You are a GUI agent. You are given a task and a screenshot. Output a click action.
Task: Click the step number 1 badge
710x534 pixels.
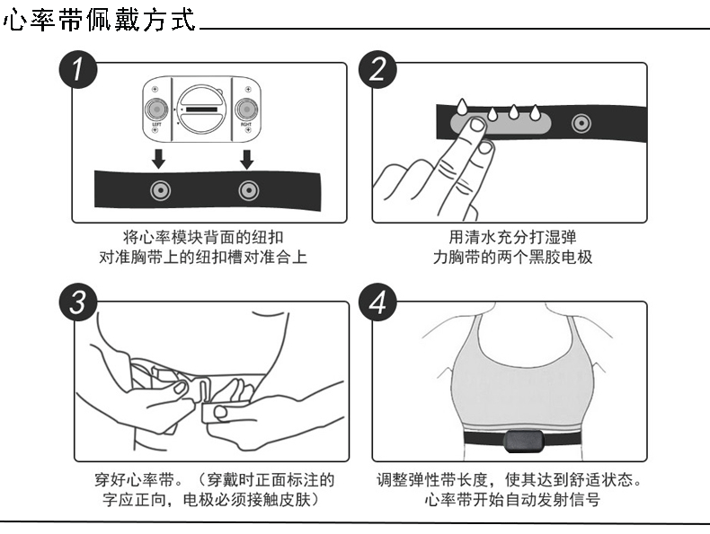pyautogui.click(x=78, y=69)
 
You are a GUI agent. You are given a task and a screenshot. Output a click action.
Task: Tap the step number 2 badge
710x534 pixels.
pyautogui.click(x=377, y=69)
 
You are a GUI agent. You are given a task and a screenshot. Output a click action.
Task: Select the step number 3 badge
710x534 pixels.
pyautogui.click(x=78, y=302)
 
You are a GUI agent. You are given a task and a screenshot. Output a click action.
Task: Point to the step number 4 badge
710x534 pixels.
pyautogui.click(x=377, y=302)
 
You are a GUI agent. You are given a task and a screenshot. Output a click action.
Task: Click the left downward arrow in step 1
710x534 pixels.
pyautogui.click(x=158, y=160)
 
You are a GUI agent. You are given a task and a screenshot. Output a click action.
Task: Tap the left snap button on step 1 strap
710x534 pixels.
pyautogui.click(x=159, y=189)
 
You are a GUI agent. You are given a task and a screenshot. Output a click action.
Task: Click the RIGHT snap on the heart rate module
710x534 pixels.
pyautogui.click(x=244, y=109)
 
